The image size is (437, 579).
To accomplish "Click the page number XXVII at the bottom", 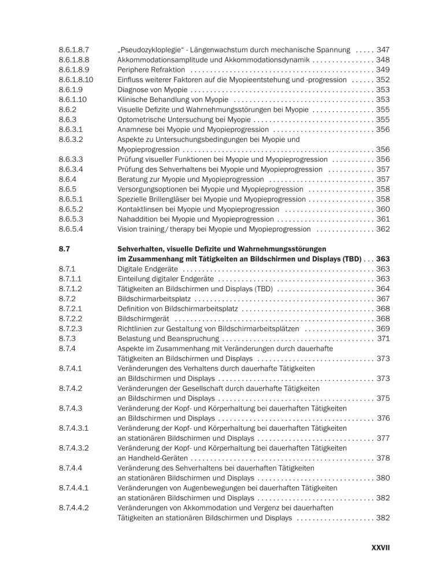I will pos(380,546).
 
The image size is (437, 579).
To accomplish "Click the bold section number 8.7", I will pos(65,249).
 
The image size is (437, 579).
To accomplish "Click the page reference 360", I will pos(383,209).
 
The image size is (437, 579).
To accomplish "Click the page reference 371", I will pos(383,339).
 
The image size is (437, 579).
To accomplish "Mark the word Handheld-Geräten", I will pos(149,458).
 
